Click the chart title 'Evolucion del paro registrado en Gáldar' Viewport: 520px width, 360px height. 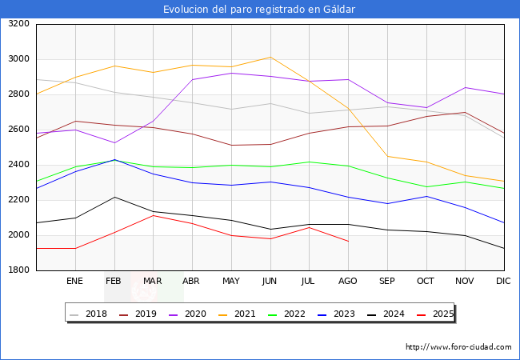(x=259, y=10)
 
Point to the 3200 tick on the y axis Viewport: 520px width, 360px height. (x=19, y=24)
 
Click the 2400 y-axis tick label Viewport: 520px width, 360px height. (x=19, y=165)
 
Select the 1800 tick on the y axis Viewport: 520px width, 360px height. (x=19, y=270)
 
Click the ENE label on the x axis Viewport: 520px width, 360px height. (x=74, y=282)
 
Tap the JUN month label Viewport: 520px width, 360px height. (x=270, y=282)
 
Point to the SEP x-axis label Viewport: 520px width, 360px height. (x=387, y=282)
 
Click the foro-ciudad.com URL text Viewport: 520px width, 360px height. (x=458, y=347)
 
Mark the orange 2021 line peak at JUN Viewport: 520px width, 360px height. (x=270, y=57)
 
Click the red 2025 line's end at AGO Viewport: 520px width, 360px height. (x=348, y=242)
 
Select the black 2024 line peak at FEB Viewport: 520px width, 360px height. (x=114, y=197)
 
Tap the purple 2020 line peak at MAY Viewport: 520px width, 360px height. (x=231, y=73)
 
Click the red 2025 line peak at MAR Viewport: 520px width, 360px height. (x=153, y=215)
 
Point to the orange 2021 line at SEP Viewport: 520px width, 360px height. (x=387, y=156)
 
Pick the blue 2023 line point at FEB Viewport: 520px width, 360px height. (x=114, y=160)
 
